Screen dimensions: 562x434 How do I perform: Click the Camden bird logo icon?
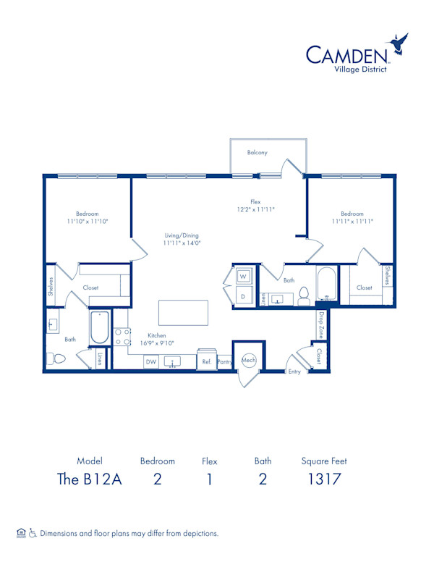click(x=399, y=46)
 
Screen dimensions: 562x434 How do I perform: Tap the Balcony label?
click(x=258, y=152)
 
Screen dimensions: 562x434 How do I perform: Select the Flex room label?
click(x=255, y=201)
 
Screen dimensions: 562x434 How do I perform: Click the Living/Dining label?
click(x=181, y=235)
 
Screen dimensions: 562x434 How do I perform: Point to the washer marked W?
click(x=243, y=277)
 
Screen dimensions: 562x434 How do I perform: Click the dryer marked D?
click(x=243, y=295)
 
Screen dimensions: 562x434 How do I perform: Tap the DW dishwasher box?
click(x=151, y=361)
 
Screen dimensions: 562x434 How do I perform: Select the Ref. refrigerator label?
click(x=206, y=361)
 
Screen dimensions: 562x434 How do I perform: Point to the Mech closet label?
click(x=248, y=359)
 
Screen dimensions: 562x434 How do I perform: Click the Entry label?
click(x=294, y=372)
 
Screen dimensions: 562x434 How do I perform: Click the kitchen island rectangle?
click(x=183, y=313)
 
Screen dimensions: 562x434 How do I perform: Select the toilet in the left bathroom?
click(x=56, y=358)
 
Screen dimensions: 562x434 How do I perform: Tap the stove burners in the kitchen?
click(x=122, y=337)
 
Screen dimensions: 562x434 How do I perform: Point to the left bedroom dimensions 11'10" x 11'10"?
click(x=88, y=221)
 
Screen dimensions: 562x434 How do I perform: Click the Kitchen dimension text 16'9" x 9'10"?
click(x=157, y=343)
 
